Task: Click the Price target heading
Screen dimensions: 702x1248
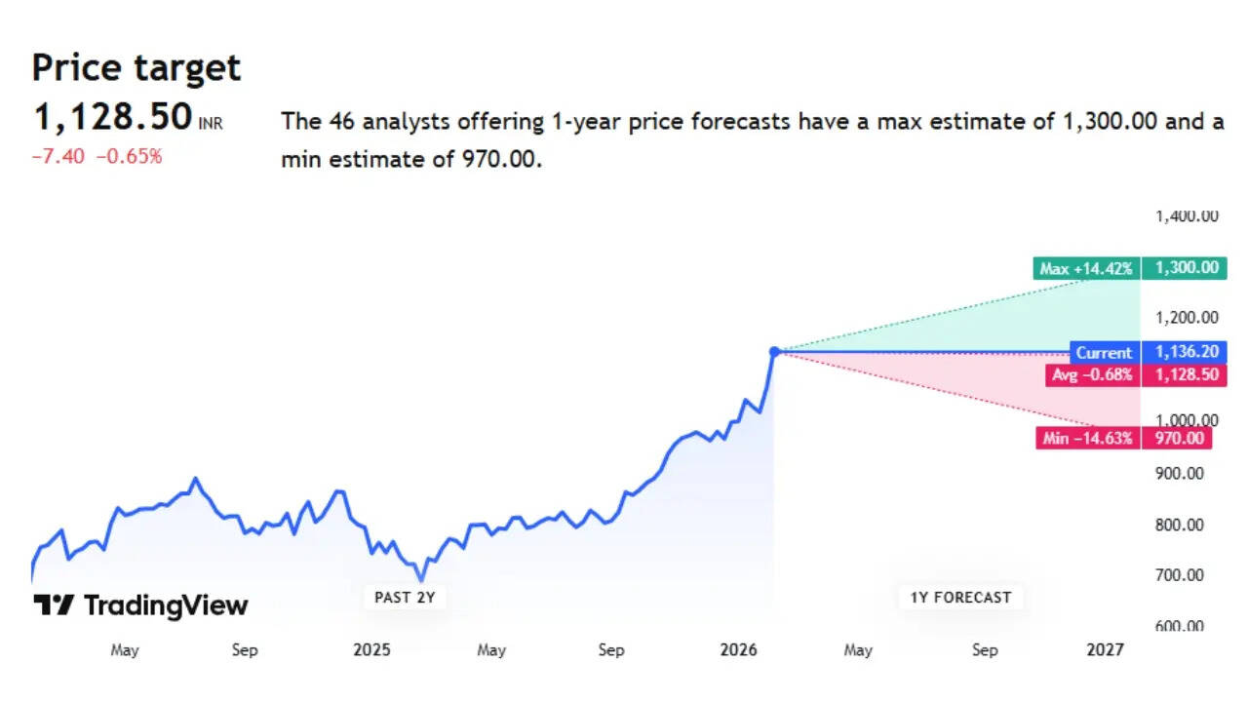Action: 136,68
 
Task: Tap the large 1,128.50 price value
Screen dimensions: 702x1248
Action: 113,118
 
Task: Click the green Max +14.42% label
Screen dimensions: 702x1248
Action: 1086,268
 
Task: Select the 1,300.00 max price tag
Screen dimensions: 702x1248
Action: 1186,268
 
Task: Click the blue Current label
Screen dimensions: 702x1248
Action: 1104,353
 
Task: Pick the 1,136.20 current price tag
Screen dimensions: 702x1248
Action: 1186,353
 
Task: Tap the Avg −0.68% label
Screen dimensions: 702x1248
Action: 1091,374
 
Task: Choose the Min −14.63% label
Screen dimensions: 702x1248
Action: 1087,439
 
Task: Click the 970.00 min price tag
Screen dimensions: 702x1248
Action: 1180,439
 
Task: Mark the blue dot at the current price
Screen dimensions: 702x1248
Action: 775,351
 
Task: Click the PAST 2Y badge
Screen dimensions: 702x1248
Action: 405,597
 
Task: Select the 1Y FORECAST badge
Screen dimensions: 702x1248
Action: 960,597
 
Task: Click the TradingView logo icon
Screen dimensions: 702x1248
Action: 54,605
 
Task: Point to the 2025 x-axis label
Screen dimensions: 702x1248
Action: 371,650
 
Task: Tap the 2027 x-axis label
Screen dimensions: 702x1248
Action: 1105,650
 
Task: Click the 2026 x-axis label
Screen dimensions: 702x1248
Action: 739,650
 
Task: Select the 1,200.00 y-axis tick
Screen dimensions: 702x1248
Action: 1186,317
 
